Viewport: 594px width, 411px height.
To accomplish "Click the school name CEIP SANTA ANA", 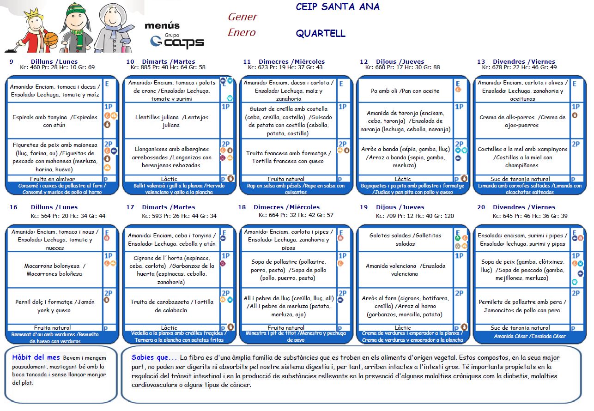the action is [x=337, y=7].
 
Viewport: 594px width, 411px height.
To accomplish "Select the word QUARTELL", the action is [x=320, y=34].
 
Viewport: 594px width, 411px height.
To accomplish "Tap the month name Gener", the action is [x=242, y=17].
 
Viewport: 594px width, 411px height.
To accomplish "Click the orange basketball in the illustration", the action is [x=51, y=39].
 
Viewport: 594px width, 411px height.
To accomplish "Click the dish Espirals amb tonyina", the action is [x=54, y=121].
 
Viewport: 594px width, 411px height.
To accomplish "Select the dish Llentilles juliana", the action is [x=170, y=121].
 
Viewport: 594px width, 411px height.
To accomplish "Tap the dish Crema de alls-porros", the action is [x=522, y=121].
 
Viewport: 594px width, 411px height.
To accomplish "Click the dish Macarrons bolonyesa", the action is [x=55, y=270].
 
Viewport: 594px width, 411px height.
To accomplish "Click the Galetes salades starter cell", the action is [x=405, y=239].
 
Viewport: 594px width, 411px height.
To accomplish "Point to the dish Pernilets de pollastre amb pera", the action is [x=522, y=306].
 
